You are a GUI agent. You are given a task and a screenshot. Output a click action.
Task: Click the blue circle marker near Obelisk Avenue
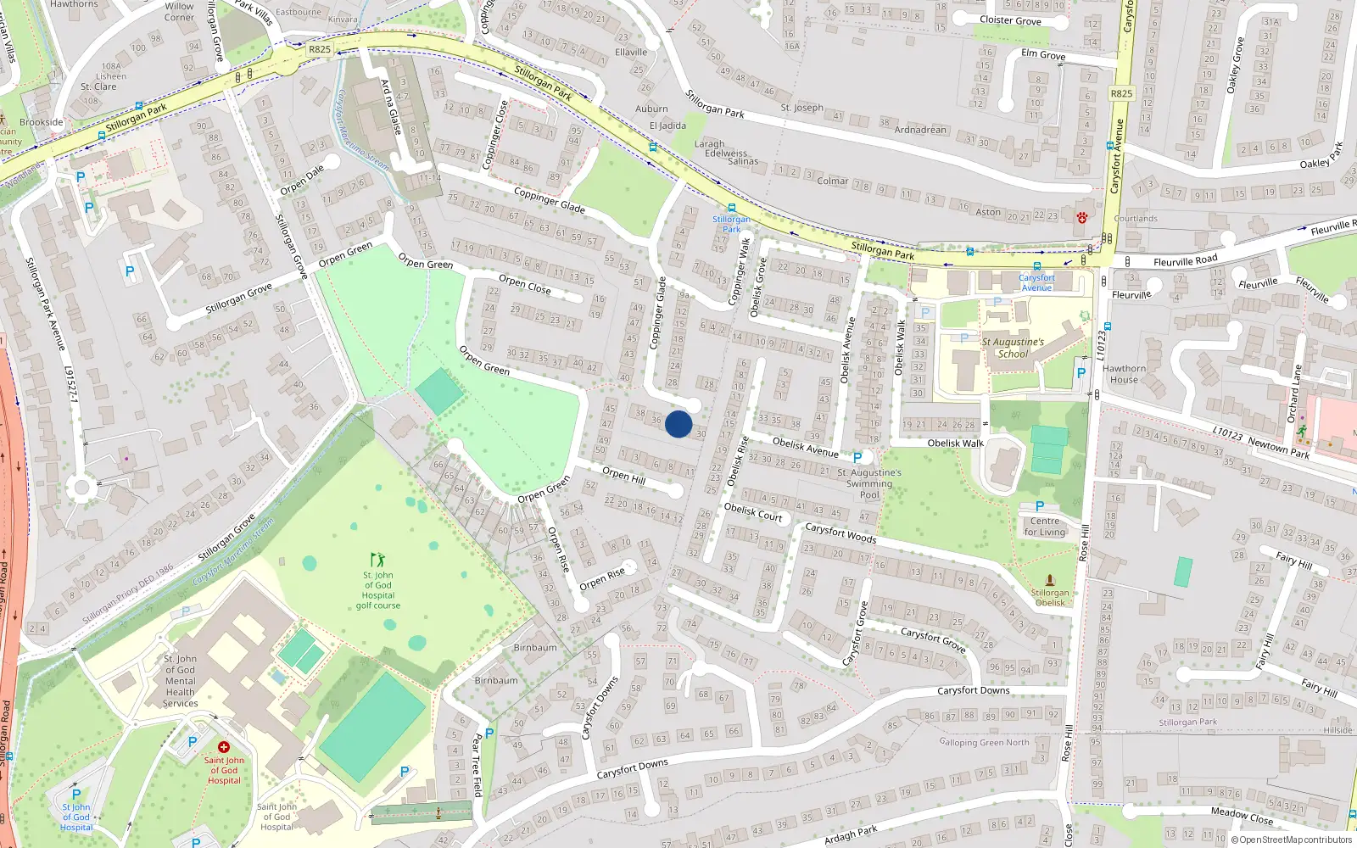point(678,424)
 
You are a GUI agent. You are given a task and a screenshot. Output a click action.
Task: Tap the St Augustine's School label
point(1013,348)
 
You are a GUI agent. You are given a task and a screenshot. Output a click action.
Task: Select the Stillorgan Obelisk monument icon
point(1050,580)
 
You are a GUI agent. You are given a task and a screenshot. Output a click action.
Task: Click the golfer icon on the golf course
point(377,560)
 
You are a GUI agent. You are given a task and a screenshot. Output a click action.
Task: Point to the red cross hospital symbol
point(224,747)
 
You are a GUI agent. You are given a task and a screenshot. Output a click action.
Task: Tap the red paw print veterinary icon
point(1082,218)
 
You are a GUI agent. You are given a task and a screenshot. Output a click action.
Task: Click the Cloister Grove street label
point(1010,20)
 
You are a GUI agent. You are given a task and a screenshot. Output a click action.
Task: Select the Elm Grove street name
point(1043,54)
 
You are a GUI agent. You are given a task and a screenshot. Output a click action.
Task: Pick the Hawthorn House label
point(1124,374)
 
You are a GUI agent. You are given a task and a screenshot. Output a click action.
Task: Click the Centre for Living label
point(1045,527)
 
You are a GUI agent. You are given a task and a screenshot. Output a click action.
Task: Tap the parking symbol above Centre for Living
point(1040,506)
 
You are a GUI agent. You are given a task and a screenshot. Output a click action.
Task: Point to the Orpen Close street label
point(525,284)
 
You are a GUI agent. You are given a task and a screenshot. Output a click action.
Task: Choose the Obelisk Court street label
point(753,511)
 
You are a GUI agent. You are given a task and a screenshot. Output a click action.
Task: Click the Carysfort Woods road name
point(840,533)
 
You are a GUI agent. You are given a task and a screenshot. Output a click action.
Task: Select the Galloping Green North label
point(984,742)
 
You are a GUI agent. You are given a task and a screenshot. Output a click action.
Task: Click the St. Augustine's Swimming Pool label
point(869,483)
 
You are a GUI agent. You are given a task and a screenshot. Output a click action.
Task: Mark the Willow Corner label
point(179,11)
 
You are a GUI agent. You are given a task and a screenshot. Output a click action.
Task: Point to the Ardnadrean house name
point(920,130)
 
